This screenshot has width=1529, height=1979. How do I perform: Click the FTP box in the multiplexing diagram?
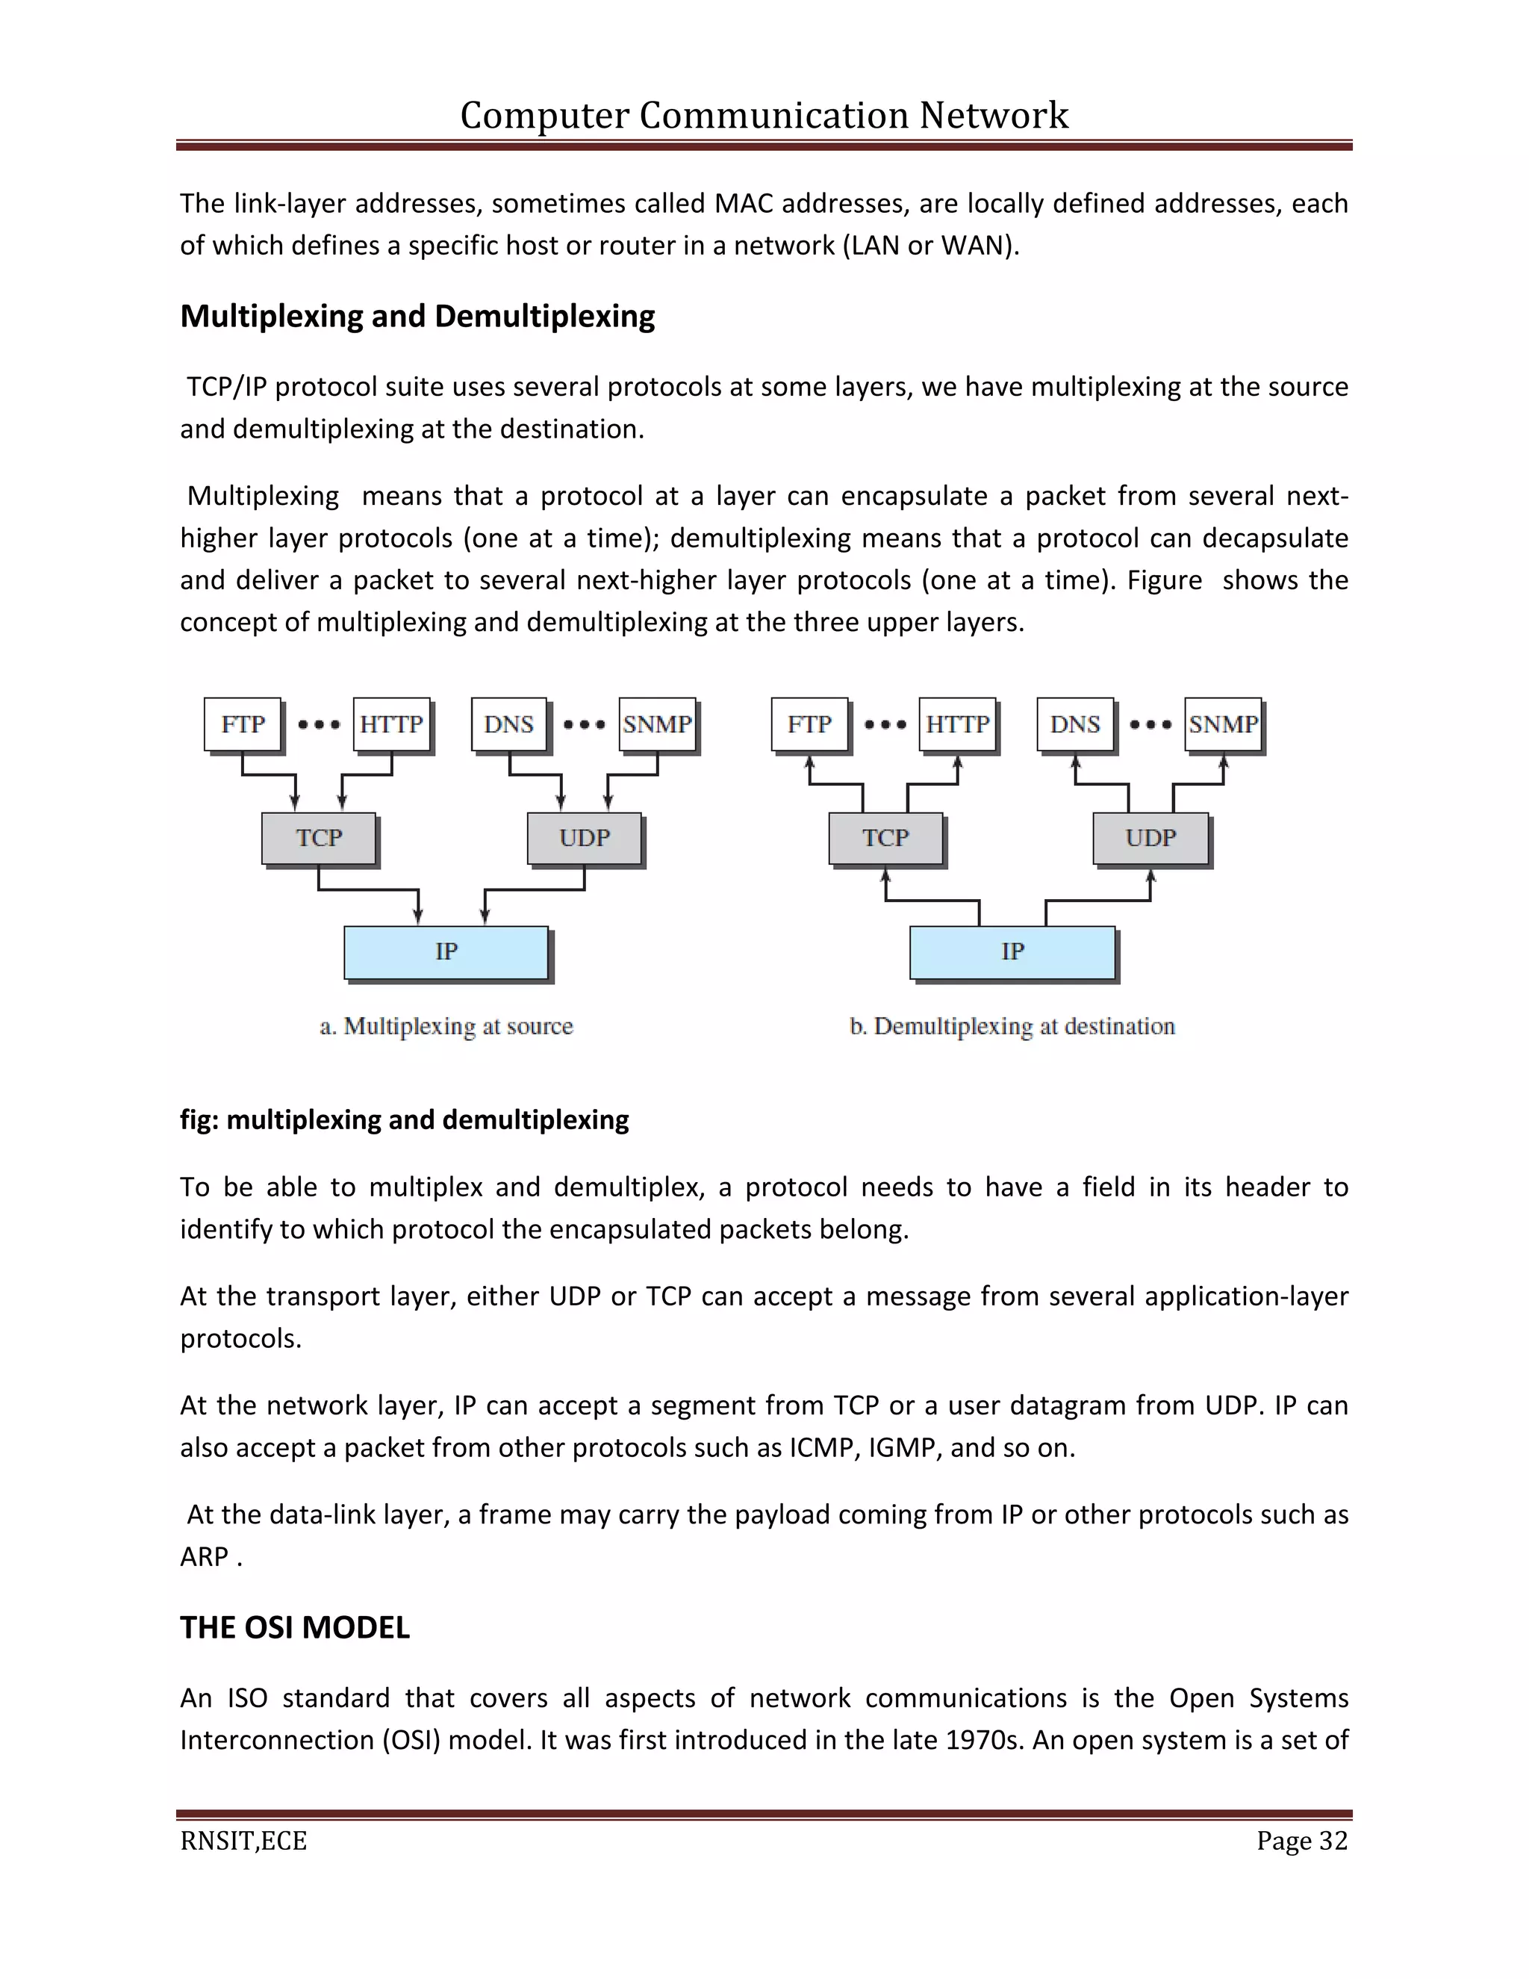pyautogui.click(x=243, y=724)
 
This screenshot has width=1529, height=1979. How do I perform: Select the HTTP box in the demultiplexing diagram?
pyautogui.click(x=957, y=724)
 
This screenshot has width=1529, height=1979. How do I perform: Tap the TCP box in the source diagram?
pyautogui.click(x=319, y=837)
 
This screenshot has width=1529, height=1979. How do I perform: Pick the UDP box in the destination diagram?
pyautogui.click(x=1150, y=837)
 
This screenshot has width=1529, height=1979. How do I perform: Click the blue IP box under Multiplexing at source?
pyautogui.click(x=446, y=951)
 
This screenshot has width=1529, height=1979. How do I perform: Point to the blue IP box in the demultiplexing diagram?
pyautogui.click(x=1012, y=951)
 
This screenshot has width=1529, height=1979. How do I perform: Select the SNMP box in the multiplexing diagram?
pyautogui.click(x=658, y=724)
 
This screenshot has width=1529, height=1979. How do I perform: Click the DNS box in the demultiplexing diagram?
pyautogui.click(x=1075, y=724)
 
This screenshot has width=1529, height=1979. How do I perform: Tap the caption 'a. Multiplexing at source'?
pyautogui.click(x=446, y=1026)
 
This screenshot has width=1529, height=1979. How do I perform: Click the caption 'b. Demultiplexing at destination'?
pyautogui.click(x=1012, y=1026)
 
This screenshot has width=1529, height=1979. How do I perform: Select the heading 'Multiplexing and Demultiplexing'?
pyautogui.click(x=417, y=316)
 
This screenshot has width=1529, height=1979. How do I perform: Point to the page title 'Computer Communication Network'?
pyautogui.click(x=764, y=115)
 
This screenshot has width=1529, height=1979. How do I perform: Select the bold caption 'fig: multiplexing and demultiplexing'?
pyautogui.click(x=404, y=1120)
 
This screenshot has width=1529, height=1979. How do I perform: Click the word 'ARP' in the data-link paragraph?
pyautogui.click(x=204, y=1557)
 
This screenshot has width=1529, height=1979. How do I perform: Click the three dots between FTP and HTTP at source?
pyautogui.click(x=319, y=724)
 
